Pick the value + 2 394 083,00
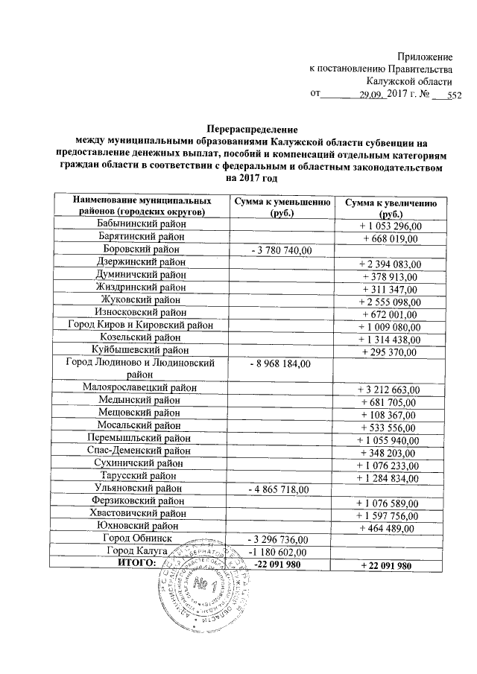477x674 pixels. coord(391,263)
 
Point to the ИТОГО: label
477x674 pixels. coord(137,564)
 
